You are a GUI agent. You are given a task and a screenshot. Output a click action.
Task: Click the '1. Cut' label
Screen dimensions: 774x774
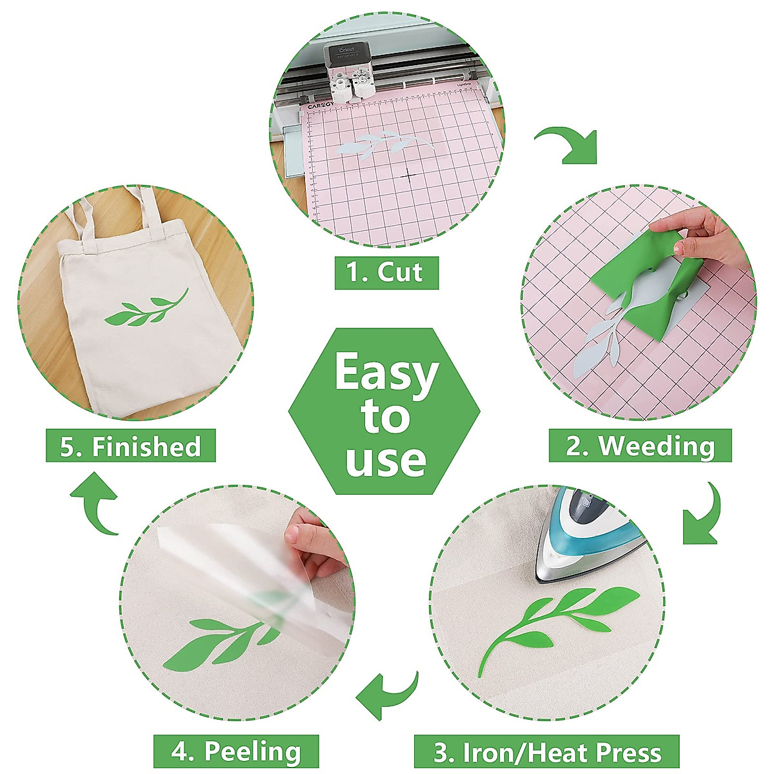(386, 272)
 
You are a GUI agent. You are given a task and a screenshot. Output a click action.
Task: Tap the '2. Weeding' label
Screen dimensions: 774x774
(640, 446)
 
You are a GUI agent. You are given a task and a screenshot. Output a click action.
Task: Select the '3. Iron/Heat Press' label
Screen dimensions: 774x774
(546, 752)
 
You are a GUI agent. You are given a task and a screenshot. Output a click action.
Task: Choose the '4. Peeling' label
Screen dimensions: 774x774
(236, 752)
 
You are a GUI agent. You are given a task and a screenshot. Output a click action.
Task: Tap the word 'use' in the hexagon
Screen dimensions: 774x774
(386, 459)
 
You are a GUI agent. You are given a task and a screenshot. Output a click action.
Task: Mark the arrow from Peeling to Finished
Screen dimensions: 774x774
(95, 503)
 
